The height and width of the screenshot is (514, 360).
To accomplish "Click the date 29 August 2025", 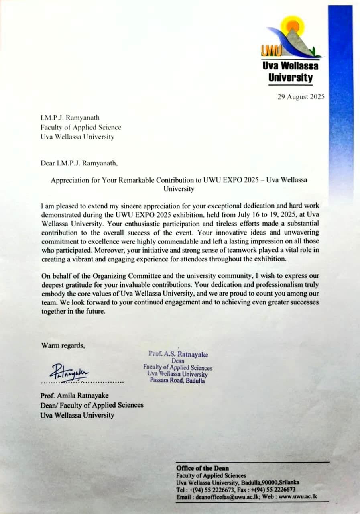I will click(x=301, y=97).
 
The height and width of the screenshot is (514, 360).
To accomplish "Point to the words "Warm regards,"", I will click(x=63, y=345).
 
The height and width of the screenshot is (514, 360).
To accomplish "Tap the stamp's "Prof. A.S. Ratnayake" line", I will click(x=178, y=354).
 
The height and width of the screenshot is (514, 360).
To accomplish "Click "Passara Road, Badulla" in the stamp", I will click(x=177, y=381).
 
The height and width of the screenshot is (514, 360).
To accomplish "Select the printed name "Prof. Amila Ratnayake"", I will click(x=74, y=396).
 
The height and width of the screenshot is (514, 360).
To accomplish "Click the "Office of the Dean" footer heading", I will click(x=202, y=468).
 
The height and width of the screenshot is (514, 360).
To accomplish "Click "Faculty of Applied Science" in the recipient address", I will click(x=81, y=127).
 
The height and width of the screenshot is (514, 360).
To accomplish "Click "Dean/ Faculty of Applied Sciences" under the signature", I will click(x=92, y=405).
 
